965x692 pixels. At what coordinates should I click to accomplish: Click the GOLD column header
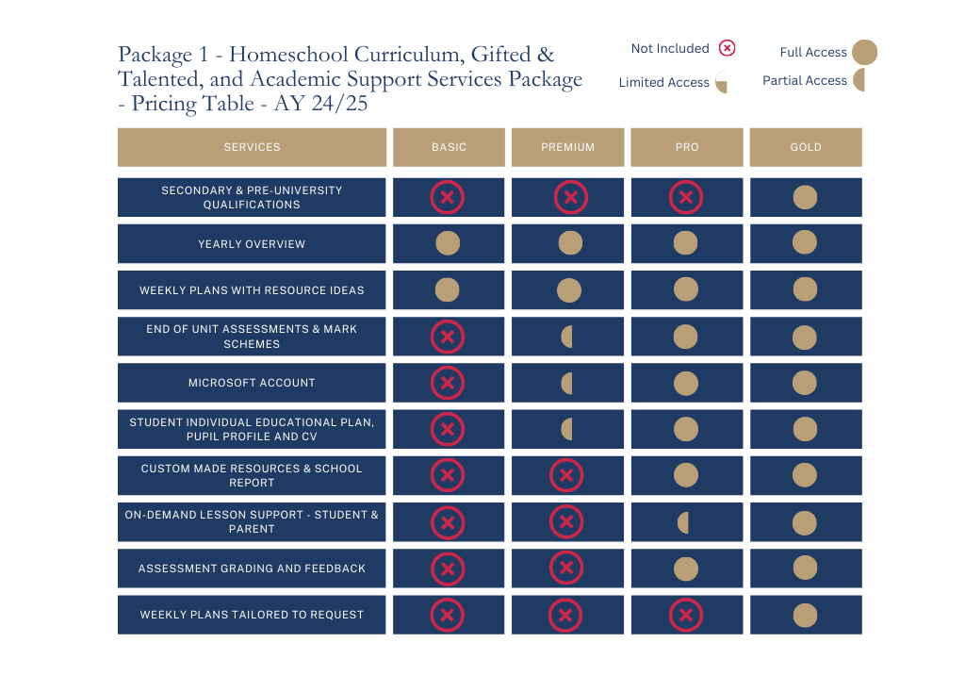(806, 147)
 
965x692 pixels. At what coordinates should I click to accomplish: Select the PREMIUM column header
(567, 147)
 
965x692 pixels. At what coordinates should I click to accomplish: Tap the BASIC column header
(449, 147)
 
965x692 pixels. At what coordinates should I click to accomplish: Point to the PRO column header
(687, 147)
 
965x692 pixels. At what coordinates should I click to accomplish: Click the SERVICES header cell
(252, 147)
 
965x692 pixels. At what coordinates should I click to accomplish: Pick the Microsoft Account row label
(252, 383)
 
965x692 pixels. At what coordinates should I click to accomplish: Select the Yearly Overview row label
(252, 244)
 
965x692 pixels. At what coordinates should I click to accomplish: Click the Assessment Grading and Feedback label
(252, 568)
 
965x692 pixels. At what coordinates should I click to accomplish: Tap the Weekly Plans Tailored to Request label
(252, 615)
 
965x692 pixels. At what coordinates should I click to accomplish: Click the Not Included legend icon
(727, 48)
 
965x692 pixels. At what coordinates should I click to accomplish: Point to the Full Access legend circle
(864, 53)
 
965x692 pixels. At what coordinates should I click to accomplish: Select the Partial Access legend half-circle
(859, 80)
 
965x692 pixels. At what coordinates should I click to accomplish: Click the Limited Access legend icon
(722, 83)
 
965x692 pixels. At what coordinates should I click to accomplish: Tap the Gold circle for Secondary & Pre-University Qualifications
(805, 197)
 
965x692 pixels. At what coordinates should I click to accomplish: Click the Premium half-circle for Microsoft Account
(567, 383)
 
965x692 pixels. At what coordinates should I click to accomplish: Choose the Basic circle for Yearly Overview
(448, 243)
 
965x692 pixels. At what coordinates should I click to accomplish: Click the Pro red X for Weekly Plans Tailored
(686, 616)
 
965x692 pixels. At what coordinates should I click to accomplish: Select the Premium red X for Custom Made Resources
(566, 476)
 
